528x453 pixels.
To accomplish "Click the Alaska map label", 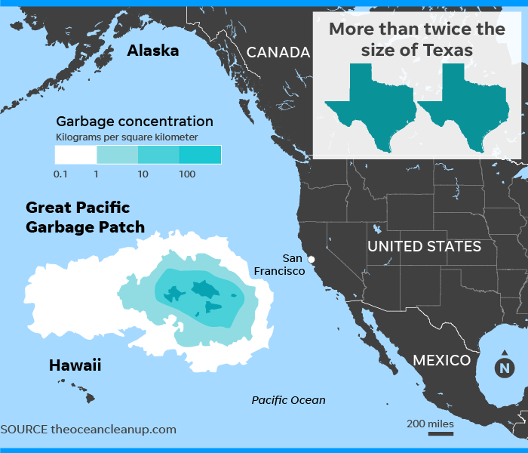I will pos(153,51).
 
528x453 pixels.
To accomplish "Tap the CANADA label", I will pos(278,52).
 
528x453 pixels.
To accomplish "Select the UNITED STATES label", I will pos(424,246).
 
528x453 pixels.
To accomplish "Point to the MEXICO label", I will pos(441,360).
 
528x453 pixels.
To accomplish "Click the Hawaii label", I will pos(75,365).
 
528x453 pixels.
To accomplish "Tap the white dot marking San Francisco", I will pos(312,260).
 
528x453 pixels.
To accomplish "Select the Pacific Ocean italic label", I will pos(288,400).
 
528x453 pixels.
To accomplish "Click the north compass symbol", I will pos(502,368).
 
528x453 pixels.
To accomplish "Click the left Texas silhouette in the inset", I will pos(370,106).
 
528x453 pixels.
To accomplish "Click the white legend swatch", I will pos(75,155).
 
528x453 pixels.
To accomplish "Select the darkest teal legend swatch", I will pos(200,155).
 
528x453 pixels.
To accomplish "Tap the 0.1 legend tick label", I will pos(61,174).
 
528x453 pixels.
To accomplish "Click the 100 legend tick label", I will pos(187,174).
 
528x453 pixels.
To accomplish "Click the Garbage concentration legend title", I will pos(134,121).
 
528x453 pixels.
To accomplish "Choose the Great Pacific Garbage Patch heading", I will pos(84,217).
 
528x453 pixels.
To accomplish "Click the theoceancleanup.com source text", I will pos(113,429).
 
